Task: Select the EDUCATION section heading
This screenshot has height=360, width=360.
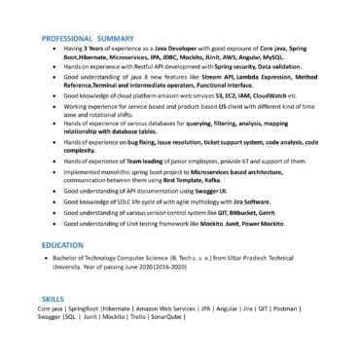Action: (62, 245)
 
